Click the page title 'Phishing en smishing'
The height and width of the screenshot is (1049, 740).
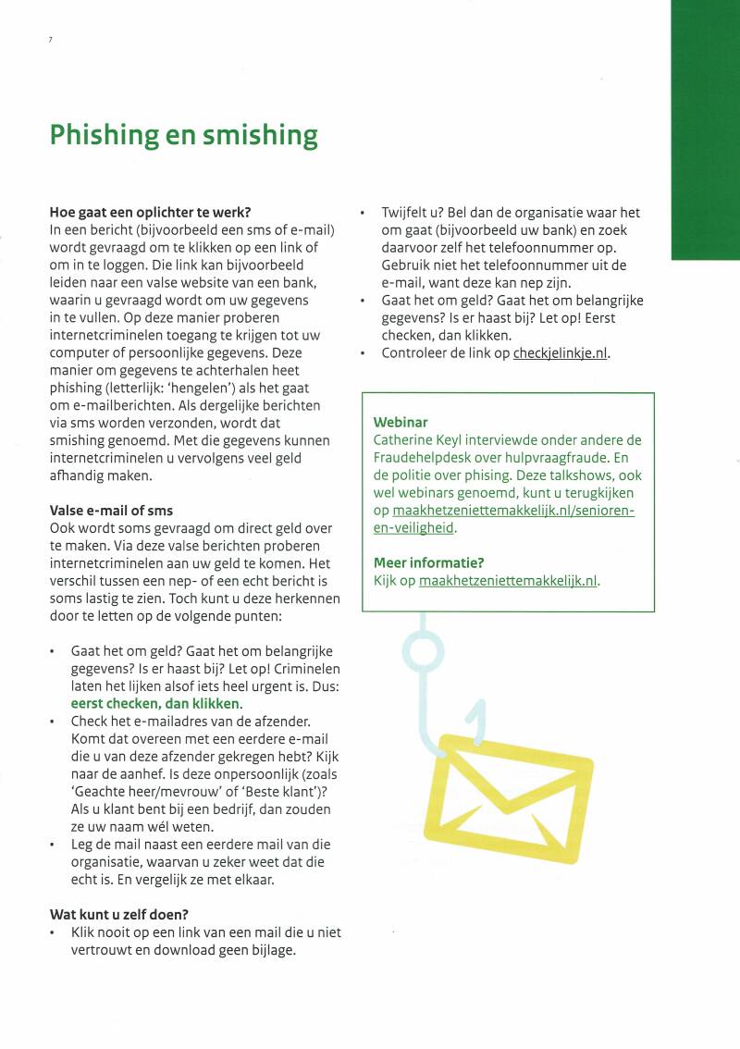pos(183,135)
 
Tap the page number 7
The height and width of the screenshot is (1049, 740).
pos(50,39)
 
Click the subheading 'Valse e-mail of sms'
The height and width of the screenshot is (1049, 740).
pos(111,510)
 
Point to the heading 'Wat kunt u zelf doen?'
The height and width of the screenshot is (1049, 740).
pos(118,915)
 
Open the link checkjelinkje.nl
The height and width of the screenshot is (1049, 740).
pos(561,352)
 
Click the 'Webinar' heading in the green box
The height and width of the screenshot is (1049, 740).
pos(401,422)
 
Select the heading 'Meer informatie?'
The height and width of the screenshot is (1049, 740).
pos(429,562)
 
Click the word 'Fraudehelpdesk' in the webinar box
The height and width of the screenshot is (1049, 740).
pos(424,458)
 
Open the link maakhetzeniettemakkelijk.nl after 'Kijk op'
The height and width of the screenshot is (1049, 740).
pos(508,581)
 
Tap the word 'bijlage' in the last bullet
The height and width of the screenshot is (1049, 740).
pos(271,950)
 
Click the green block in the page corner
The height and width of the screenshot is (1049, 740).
pos(705,130)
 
